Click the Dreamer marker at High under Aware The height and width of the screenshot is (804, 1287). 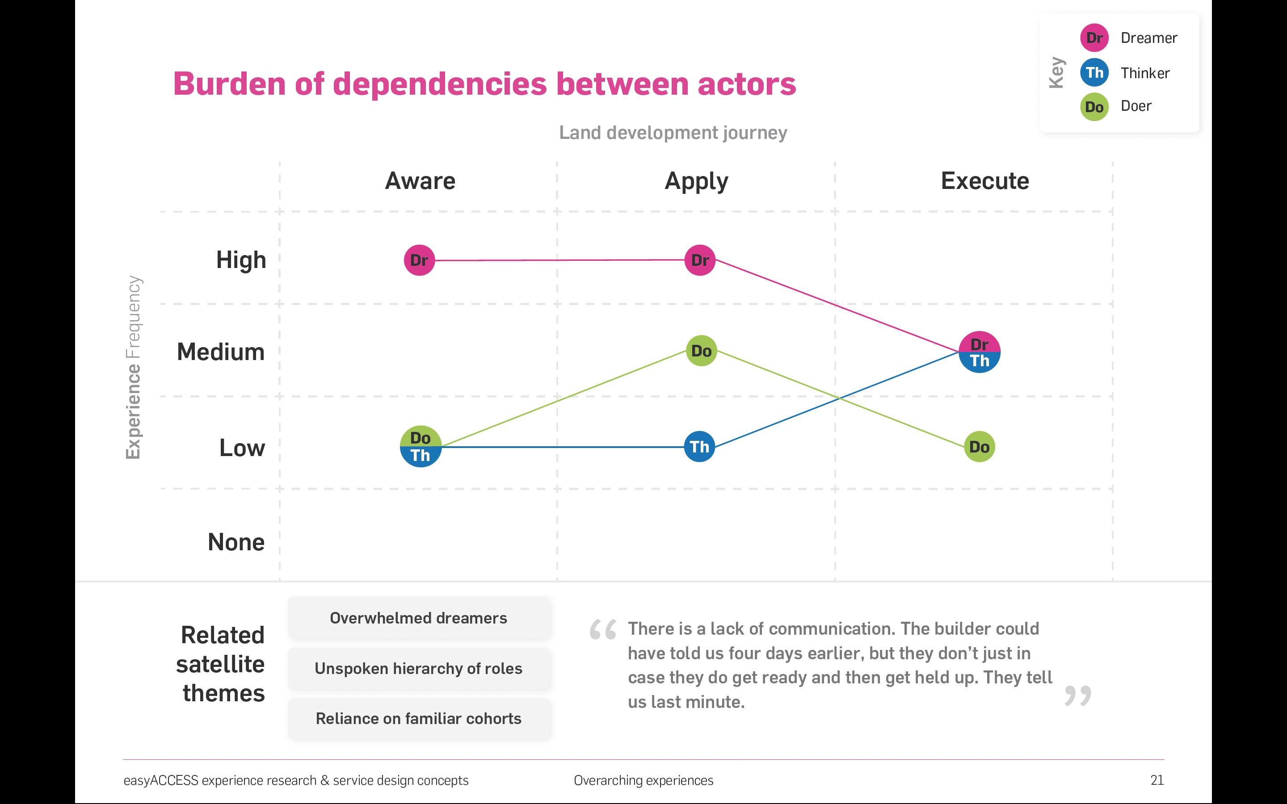coord(419,260)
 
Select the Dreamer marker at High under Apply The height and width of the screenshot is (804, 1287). coord(700,260)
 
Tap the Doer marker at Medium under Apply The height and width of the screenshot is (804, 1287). coord(702,351)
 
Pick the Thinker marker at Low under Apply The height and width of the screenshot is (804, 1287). coord(699,447)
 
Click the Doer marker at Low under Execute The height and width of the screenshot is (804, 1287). coord(979,447)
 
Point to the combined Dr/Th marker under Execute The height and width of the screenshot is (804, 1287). coord(979,352)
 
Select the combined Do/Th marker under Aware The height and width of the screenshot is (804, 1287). coord(421,447)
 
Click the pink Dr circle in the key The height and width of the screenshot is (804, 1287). coord(1094,38)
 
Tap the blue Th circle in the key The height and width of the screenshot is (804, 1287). coord(1094,72)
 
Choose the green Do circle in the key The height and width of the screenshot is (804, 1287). coord(1094,107)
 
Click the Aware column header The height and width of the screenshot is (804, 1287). coord(420,181)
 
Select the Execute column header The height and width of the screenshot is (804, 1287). coord(985,181)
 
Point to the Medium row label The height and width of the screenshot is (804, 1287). coord(221,352)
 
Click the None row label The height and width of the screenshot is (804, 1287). coord(236,542)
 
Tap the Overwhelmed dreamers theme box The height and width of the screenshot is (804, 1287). coord(419,618)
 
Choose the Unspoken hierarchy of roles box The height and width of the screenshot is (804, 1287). coord(419,668)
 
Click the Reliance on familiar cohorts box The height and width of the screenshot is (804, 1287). coord(419,718)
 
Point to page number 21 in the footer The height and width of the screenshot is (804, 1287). coord(1157,780)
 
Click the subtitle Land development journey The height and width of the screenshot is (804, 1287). coord(673,132)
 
